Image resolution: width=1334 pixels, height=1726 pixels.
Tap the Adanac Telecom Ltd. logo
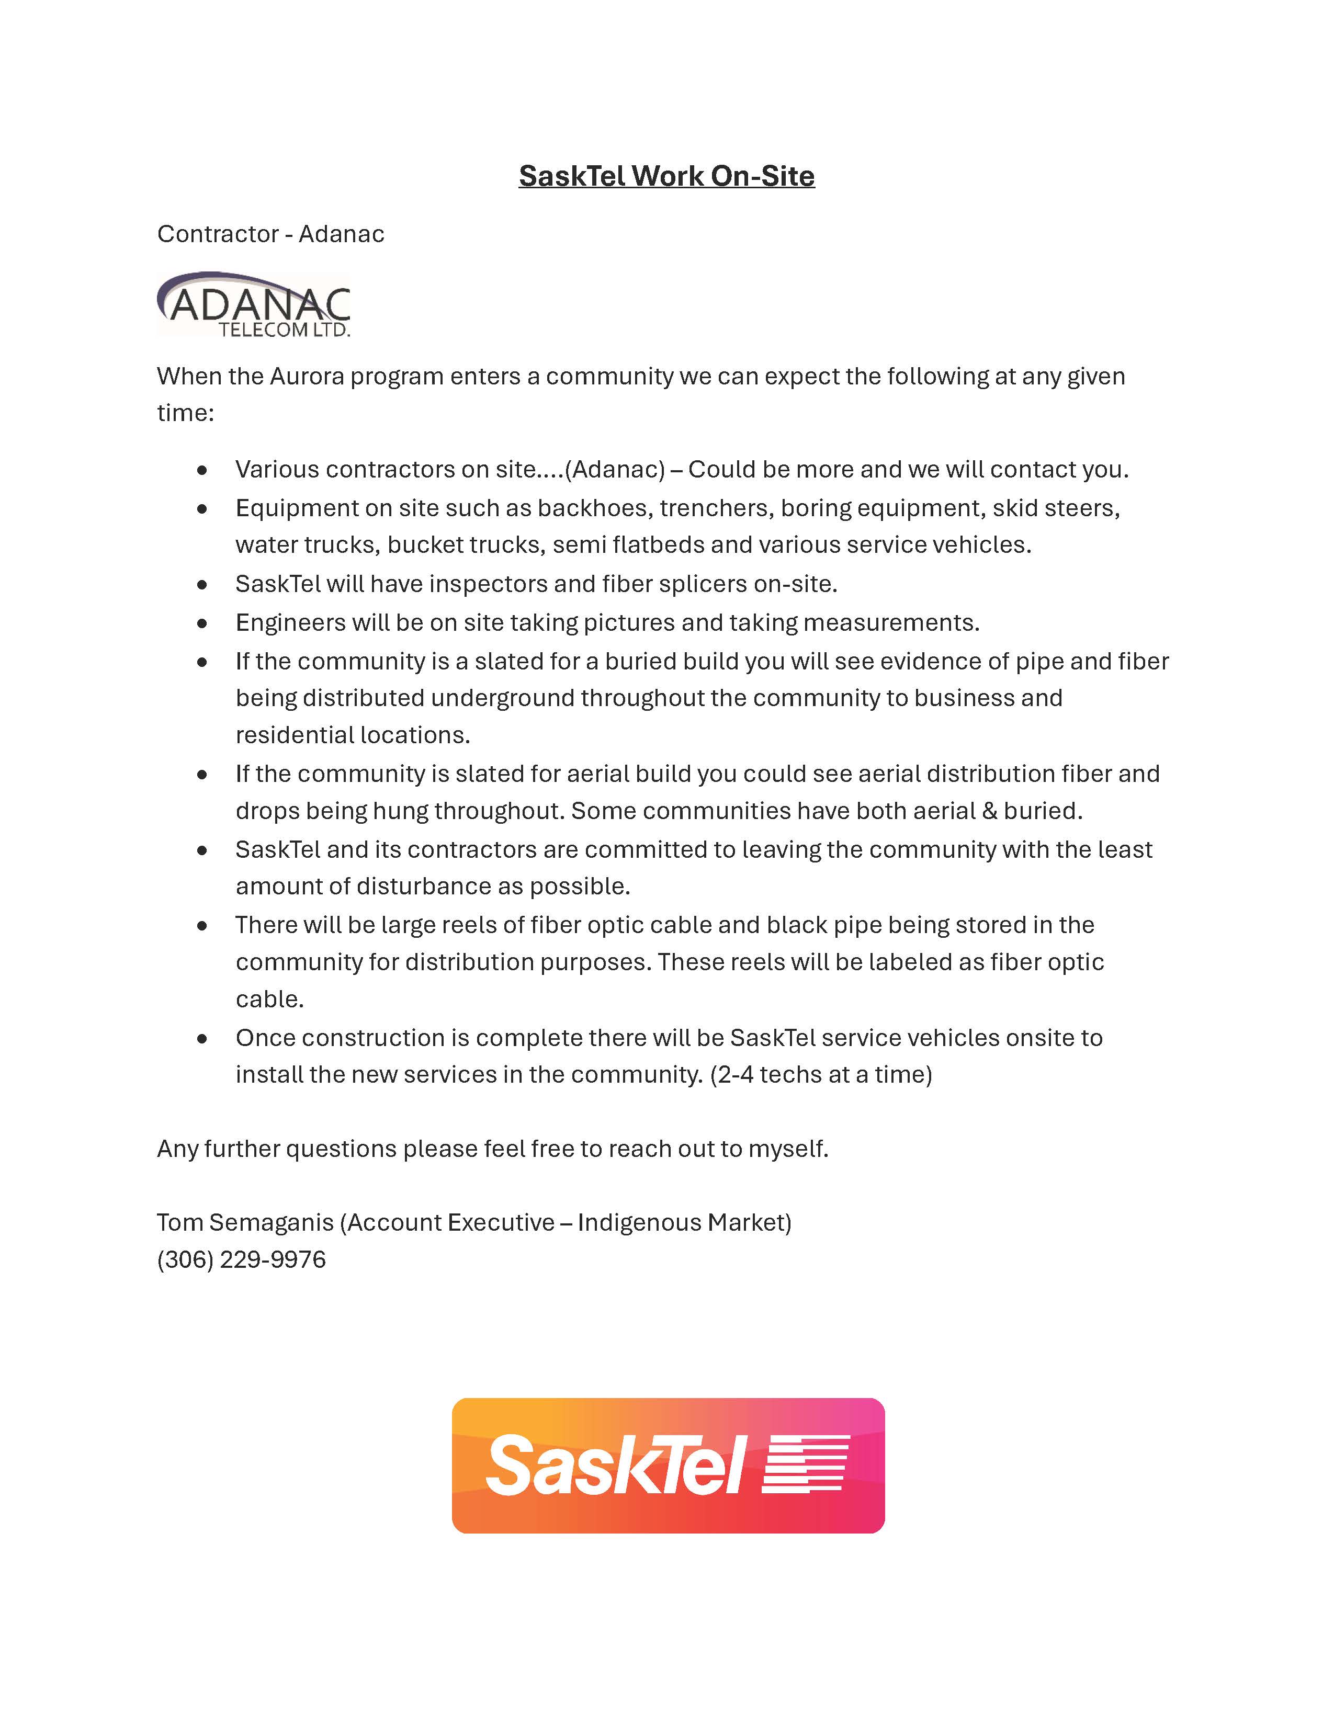point(254,305)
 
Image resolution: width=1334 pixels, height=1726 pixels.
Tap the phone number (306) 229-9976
point(241,1260)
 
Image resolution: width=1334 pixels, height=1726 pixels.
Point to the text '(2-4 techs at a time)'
point(821,1075)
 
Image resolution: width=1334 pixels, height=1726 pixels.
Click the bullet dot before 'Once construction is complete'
point(202,1038)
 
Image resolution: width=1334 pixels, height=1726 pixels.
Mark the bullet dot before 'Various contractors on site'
point(202,470)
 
